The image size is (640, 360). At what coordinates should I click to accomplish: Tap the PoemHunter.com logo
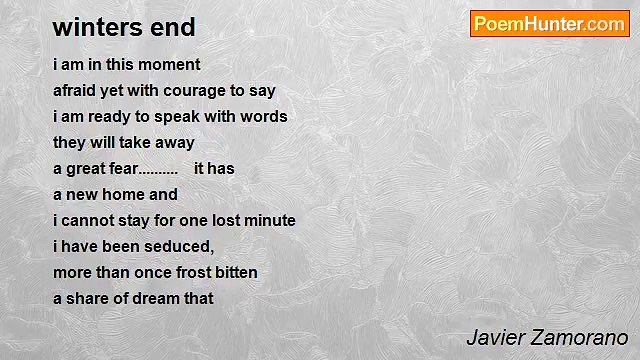(x=549, y=24)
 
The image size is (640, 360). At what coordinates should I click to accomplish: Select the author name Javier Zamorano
(x=547, y=338)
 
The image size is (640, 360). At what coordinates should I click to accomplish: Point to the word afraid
(x=75, y=90)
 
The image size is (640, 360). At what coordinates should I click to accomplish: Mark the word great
(x=87, y=168)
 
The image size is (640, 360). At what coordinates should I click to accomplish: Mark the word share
(x=87, y=298)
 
